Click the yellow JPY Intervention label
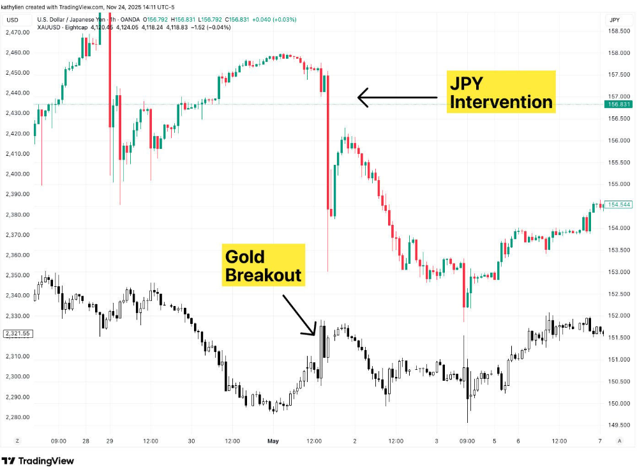500,92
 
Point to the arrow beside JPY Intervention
397,98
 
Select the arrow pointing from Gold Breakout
299,314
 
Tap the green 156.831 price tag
619,104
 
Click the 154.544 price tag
619,205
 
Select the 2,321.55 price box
17,333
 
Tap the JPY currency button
615,20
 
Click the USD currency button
12,20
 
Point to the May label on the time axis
273,441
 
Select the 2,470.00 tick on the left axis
17,32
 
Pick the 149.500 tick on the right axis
618,425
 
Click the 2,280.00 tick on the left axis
17,417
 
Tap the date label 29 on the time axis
109,441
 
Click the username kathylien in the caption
14,7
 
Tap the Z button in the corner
17,441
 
